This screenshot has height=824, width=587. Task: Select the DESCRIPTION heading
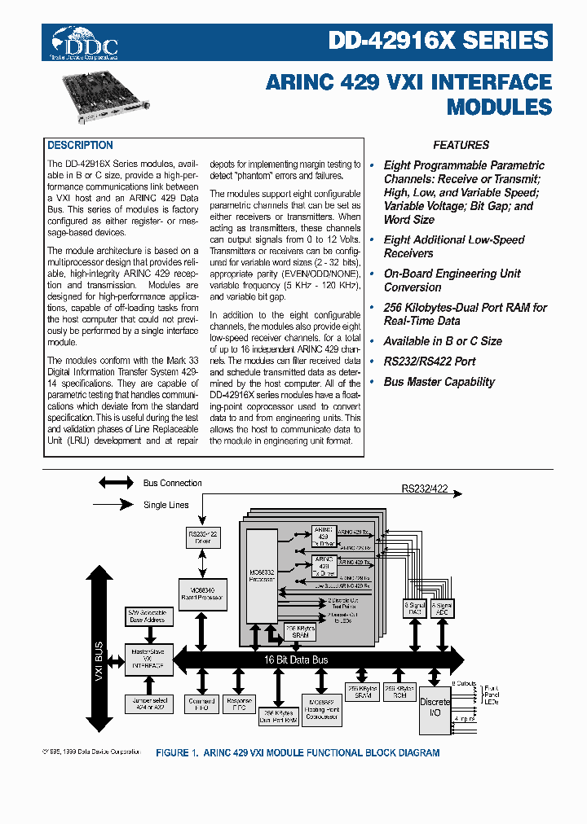(x=80, y=146)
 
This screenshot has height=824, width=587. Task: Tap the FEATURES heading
(x=461, y=146)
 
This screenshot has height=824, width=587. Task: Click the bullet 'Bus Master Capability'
(x=439, y=382)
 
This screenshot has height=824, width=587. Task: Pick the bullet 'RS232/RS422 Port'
(x=429, y=362)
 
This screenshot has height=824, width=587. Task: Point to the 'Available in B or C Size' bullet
(x=442, y=341)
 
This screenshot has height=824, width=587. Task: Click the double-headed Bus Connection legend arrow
(x=116, y=483)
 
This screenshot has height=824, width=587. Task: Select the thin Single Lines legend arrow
(x=116, y=505)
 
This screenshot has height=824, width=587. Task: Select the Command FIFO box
(x=201, y=704)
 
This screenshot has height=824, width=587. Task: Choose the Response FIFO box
(x=239, y=704)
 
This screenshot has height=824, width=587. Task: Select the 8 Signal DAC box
(x=414, y=608)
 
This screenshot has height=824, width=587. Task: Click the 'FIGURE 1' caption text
(x=298, y=753)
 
